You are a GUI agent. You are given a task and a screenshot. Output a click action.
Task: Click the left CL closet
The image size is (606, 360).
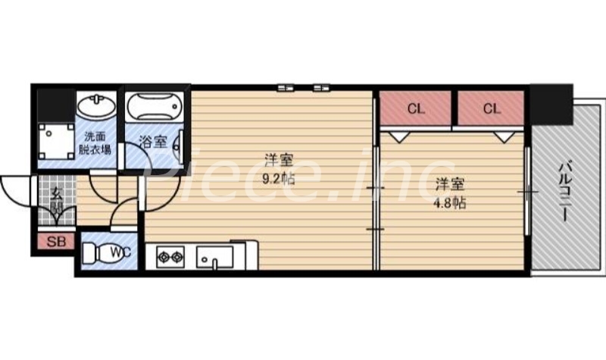(x=415, y=108)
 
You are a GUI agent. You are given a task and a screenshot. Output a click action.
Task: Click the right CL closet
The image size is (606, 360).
(x=492, y=108)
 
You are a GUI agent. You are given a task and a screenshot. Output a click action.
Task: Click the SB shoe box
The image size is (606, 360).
(x=56, y=243)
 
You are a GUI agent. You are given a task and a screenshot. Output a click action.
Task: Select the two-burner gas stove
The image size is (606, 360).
(x=170, y=257)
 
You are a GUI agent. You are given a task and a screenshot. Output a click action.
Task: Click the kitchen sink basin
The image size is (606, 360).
(x=215, y=257)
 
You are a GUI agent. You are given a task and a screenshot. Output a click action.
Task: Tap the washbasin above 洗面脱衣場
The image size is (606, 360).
(x=95, y=107)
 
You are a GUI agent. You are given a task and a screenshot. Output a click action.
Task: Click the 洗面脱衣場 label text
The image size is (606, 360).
(x=96, y=143)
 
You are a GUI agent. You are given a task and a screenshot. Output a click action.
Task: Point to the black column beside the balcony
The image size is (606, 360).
(x=550, y=104)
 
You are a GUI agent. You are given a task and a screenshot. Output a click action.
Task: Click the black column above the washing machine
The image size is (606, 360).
(x=53, y=102)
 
